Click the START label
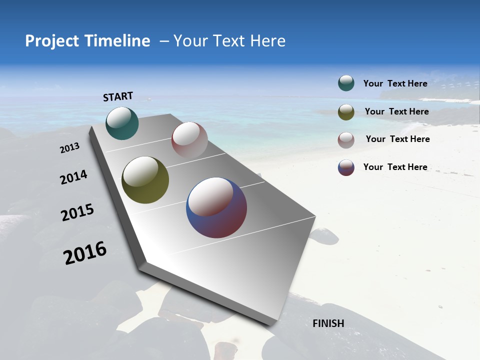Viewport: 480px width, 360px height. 118,96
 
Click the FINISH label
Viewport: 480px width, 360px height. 328,323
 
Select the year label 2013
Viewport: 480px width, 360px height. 70,148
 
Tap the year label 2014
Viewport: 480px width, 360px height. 73,177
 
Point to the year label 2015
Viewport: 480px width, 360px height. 77,212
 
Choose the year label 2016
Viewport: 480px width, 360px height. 85,253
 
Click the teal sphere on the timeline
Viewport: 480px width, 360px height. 122,123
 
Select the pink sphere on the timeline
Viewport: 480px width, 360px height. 189,140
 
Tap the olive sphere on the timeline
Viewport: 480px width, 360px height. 145,180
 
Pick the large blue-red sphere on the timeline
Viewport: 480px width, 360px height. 216,207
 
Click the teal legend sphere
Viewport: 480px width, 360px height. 346,83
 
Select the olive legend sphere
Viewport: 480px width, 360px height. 346,112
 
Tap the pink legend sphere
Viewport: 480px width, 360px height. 346,140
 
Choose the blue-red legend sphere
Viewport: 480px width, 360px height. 346,167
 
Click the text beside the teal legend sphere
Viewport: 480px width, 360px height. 395,83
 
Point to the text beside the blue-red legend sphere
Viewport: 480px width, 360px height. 395,167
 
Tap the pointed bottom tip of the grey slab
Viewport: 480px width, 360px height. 270,324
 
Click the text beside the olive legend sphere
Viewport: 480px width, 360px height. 396,111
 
